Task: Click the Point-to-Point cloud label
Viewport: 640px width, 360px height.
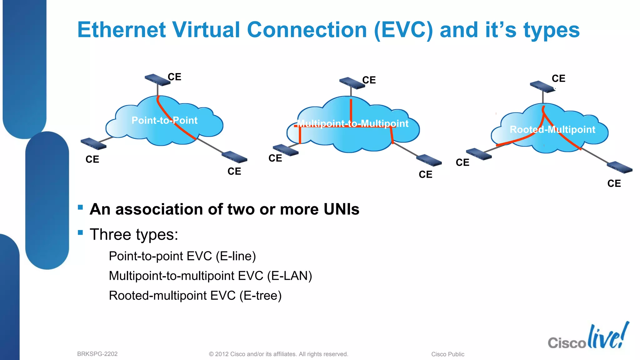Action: point(164,120)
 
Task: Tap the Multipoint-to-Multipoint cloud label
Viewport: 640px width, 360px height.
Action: point(352,124)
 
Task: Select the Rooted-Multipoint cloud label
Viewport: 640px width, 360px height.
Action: point(552,129)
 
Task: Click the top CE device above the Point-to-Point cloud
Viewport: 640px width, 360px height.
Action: point(157,80)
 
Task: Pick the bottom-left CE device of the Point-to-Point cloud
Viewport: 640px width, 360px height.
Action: point(93,144)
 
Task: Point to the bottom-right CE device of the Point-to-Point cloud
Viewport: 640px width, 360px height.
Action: point(234,157)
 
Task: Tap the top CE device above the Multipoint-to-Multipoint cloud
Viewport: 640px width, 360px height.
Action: point(352,83)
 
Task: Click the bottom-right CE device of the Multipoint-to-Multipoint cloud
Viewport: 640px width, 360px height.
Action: point(429,160)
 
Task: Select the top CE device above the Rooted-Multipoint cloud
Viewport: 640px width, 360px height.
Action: point(542,87)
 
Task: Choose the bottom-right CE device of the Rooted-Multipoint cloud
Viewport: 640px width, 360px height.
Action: point(620,167)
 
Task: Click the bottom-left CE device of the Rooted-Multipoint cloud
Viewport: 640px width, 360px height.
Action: point(479,154)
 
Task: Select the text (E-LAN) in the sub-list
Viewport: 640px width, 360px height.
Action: point(289,276)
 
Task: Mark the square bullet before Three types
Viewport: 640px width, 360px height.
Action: point(80,232)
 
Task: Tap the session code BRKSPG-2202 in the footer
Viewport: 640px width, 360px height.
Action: point(97,354)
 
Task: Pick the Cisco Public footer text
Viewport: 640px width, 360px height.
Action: point(447,354)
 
